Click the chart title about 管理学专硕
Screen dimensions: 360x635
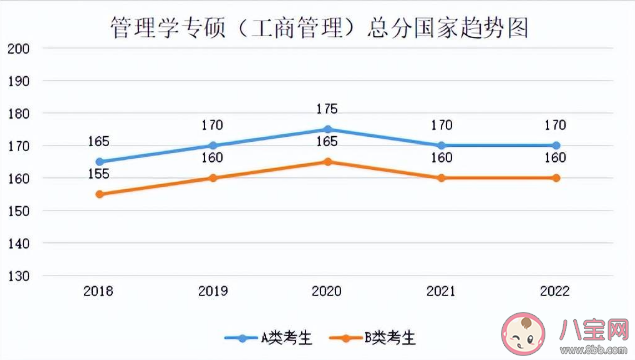(318, 26)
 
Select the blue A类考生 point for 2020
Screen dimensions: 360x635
(327, 129)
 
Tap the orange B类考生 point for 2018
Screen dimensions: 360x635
(98, 194)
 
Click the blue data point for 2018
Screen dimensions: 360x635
(98, 161)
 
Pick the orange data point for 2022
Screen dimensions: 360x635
(556, 178)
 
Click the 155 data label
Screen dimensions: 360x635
(98, 174)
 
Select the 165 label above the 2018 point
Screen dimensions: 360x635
(98, 142)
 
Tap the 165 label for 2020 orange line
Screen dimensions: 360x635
(327, 142)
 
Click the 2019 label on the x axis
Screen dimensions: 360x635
(212, 291)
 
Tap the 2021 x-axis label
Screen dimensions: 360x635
(441, 291)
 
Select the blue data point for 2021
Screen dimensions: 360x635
(441, 145)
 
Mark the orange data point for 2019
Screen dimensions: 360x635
(212, 178)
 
